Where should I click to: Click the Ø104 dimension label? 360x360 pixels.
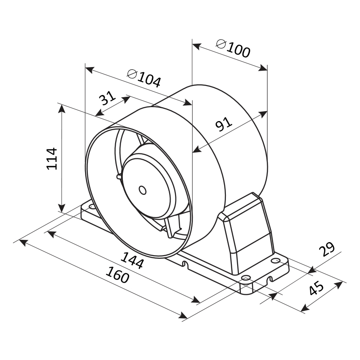click(144, 78)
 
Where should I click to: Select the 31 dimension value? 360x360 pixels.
click(107, 98)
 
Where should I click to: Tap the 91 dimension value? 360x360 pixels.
click(224, 124)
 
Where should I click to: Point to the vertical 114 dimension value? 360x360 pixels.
click(52, 159)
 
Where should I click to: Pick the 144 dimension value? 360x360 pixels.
click(132, 261)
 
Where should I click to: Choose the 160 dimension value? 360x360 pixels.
click(117, 274)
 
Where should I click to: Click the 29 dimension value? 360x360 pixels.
click(327, 249)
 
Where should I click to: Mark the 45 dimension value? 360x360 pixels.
click(316, 288)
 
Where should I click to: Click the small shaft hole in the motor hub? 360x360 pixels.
click(143, 190)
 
